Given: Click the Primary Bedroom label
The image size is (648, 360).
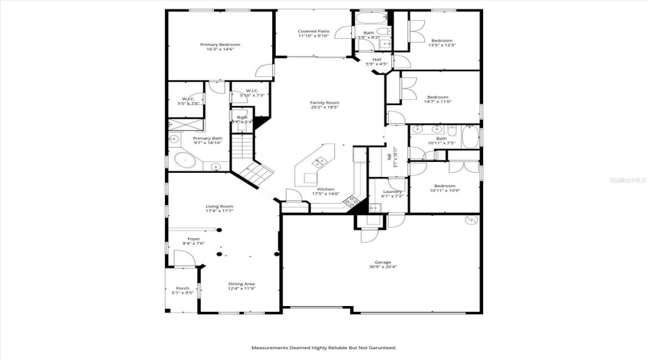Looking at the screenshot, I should [x=220, y=45].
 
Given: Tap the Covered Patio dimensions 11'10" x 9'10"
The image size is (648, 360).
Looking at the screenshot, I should [x=313, y=36].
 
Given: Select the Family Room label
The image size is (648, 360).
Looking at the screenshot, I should [x=325, y=102].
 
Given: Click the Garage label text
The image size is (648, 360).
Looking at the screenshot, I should [x=382, y=262].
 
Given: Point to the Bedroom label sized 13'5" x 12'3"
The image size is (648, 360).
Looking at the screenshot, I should [x=442, y=40].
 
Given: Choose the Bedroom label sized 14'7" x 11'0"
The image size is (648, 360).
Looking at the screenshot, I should [x=438, y=97].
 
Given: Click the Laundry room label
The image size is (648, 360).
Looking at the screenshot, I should [x=392, y=191].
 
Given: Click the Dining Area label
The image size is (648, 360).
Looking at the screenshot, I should [x=241, y=284].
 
